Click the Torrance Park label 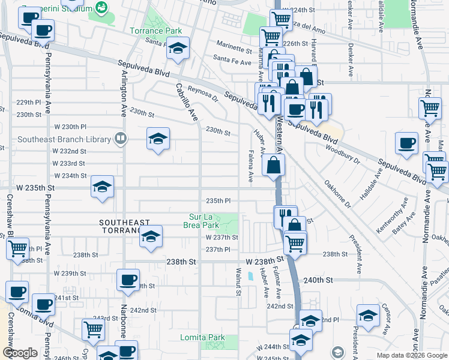(156, 31)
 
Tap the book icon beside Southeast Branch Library (120, 139)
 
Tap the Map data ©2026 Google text (411, 355)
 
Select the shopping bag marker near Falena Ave (273, 166)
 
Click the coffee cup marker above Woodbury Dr (406, 144)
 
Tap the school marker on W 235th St (102, 187)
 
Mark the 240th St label (318, 280)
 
